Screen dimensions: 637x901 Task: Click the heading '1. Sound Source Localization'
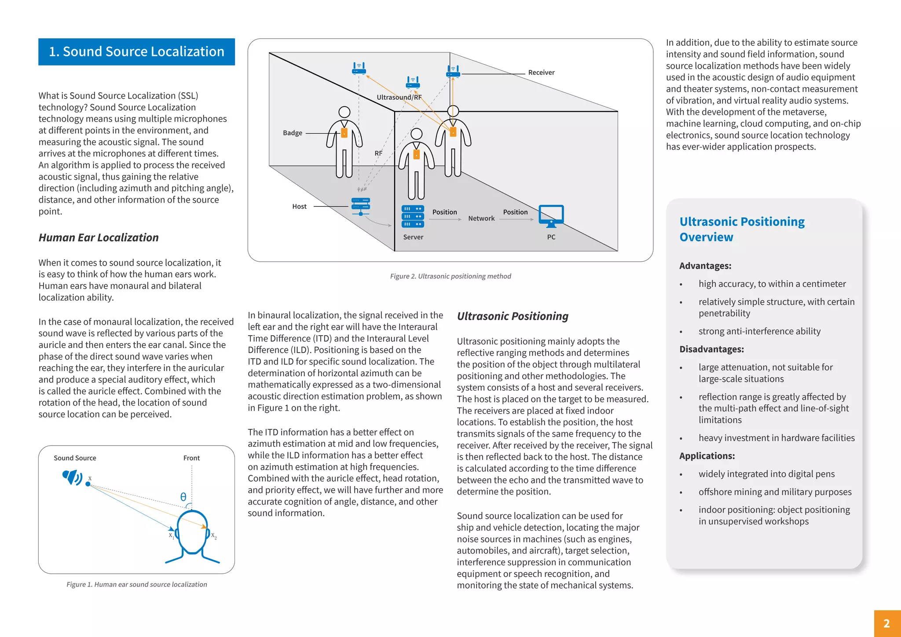click(x=136, y=52)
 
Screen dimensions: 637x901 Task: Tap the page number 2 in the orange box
click(x=886, y=623)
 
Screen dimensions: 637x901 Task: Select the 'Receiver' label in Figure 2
click(x=541, y=73)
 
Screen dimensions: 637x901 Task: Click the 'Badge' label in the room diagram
click(x=293, y=133)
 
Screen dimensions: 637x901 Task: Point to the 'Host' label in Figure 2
click(x=299, y=206)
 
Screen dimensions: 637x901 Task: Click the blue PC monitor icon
click(x=551, y=216)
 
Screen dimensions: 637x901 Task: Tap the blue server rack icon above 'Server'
click(x=413, y=216)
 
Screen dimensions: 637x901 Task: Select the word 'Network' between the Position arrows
click(x=481, y=218)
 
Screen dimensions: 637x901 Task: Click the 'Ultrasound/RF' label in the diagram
click(x=399, y=97)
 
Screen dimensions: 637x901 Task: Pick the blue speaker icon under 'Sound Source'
click(x=72, y=477)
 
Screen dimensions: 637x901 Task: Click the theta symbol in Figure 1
click(x=183, y=497)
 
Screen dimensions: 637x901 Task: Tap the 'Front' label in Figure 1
click(x=191, y=458)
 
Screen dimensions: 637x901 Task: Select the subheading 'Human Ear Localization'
click(x=99, y=238)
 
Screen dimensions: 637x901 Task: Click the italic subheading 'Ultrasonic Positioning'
click(x=513, y=316)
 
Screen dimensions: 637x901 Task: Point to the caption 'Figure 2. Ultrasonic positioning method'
click(x=450, y=276)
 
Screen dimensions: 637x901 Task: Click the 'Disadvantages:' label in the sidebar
click(x=711, y=349)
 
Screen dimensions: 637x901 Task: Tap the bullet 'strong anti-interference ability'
click(x=759, y=331)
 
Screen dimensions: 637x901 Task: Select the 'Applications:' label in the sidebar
click(x=707, y=456)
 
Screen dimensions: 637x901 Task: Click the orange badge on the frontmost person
click(x=416, y=154)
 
